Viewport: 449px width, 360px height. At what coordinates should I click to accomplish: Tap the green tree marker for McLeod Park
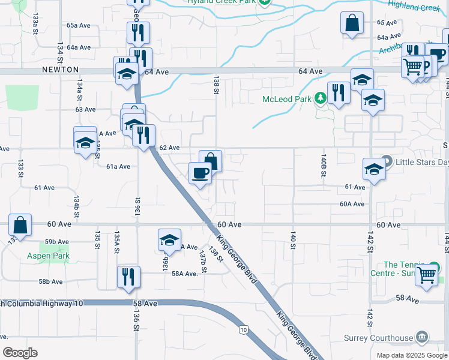(321, 98)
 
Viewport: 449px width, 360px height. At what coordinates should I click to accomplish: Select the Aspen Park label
(48, 256)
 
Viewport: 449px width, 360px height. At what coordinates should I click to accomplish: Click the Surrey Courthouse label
(379, 338)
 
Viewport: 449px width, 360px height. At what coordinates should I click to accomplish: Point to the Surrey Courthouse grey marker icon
(422, 337)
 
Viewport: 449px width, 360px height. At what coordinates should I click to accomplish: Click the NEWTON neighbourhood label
(61, 70)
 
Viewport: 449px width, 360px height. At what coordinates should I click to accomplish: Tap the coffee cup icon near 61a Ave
(200, 173)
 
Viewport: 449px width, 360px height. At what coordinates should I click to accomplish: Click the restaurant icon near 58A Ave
(128, 277)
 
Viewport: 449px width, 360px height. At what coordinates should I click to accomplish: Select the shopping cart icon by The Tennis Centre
(427, 275)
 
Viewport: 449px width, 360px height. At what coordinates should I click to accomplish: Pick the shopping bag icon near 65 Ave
(352, 23)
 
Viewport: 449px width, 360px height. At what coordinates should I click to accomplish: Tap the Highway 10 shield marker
(244, 329)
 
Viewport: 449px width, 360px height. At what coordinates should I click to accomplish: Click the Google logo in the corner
(20, 353)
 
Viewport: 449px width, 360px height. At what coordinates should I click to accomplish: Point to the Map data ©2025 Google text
(412, 355)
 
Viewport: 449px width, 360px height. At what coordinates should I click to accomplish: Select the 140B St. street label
(324, 166)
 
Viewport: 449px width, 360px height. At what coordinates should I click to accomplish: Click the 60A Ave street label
(352, 204)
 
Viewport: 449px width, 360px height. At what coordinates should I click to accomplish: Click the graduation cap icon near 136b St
(170, 239)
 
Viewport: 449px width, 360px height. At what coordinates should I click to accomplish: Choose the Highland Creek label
(414, 7)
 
